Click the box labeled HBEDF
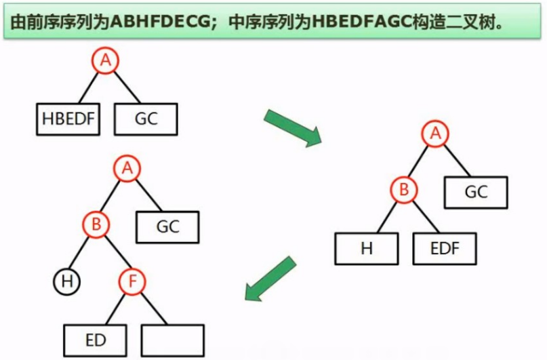(x=68, y=119)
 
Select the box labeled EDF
(x=445, y=248)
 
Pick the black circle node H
(x=66, y=281)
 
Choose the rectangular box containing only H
(x=367, y=248)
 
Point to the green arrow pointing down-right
(x=292, y=127)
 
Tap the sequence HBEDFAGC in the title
(x=355, y=22)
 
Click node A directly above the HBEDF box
(x=105, y=61)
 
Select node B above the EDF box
(x=404, y=190)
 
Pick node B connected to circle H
(x=96, y=223)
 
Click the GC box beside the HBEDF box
(x=146, y=119)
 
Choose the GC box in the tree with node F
(x=167, y=226)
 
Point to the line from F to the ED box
(x=115, y=309)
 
